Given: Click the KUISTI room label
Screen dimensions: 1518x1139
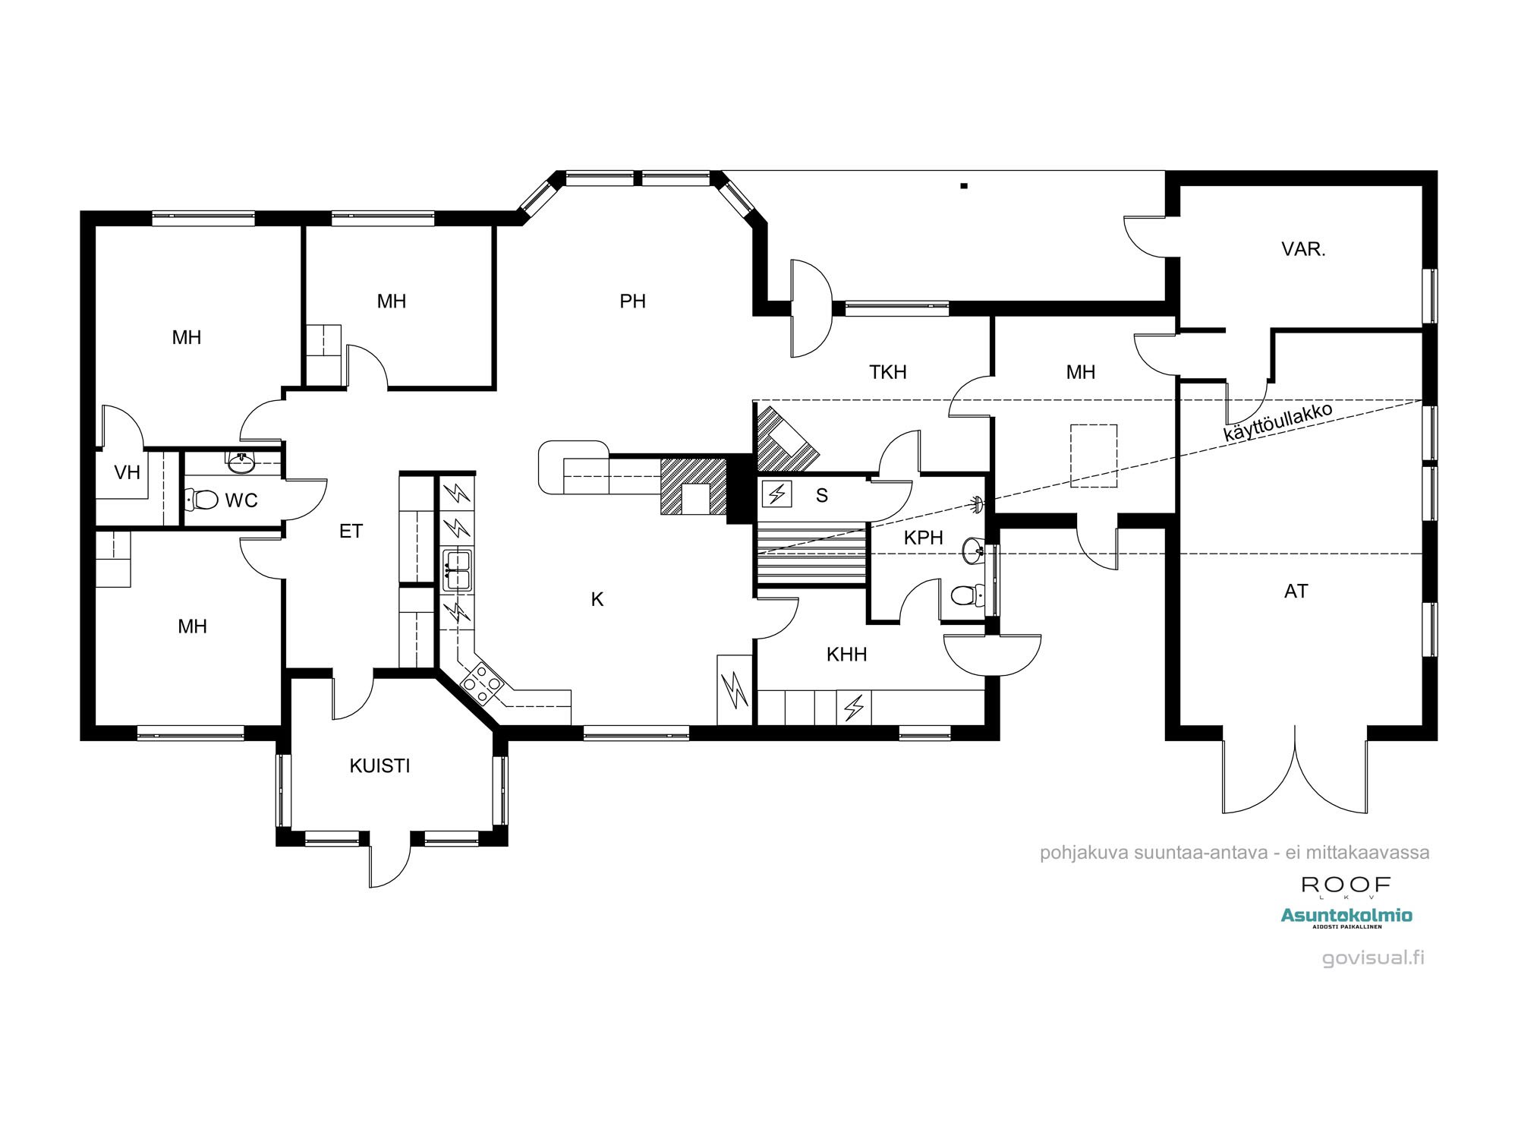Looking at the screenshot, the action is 379,765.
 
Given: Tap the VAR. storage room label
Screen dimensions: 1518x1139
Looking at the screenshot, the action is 1303,249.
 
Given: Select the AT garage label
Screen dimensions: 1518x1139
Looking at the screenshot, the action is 1296,591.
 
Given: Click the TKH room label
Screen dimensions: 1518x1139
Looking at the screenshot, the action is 888,372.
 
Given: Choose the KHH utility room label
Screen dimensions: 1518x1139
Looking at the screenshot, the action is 846,655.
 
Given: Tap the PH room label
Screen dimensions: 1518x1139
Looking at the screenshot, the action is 632,301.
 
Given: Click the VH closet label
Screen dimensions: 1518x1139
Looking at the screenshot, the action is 127,473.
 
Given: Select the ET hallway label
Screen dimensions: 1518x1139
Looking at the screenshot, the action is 351,532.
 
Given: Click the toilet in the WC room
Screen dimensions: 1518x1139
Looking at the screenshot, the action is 201,500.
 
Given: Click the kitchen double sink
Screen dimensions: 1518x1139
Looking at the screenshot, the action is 457,570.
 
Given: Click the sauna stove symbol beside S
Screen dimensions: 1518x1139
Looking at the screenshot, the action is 777,494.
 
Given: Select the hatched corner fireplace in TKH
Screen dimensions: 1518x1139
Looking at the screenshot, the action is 786,439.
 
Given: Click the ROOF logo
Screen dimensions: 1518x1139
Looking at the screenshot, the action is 1346,886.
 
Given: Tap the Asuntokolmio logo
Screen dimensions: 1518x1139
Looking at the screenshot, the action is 1346,917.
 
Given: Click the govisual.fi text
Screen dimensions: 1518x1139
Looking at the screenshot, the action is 1373,958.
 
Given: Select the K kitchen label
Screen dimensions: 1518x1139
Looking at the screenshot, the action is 597,600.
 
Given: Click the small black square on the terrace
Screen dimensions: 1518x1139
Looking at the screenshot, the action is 964,185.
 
